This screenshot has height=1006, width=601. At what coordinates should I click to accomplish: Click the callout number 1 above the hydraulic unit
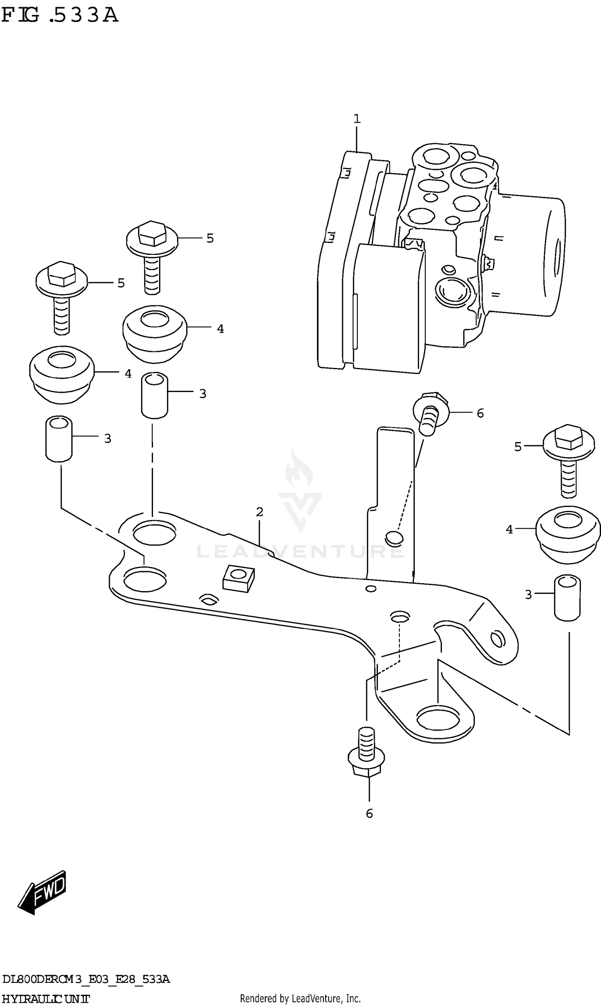pos(356,119)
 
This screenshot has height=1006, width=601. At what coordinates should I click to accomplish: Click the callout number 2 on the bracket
pos(260,512)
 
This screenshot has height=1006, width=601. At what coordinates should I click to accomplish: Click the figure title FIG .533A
pos(60,15)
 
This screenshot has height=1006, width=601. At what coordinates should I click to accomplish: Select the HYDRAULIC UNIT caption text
pos(45,999)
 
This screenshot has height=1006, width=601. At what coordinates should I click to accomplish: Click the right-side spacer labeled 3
pos(567,597)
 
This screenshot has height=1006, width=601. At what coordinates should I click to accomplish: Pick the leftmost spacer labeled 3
pos(59,438)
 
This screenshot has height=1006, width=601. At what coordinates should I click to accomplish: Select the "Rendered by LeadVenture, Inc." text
pos(300,998)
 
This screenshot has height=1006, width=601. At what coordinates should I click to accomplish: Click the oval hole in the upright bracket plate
pos(394,537)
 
